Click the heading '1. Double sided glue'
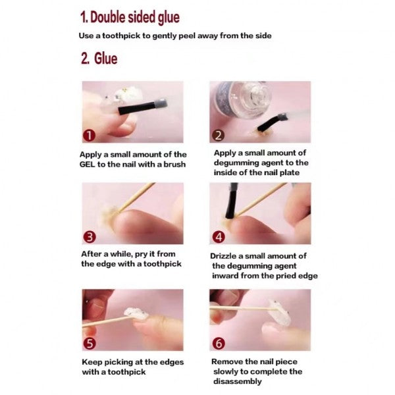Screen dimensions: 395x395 (130, 16)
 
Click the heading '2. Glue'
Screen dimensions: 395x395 (99, 59)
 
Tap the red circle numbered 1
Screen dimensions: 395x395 (90, 136)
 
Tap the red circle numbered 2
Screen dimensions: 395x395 (219, 136)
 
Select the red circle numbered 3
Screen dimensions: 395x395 (90, 236)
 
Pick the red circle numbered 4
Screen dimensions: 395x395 (219, 236)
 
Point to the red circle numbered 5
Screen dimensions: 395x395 (90, 343)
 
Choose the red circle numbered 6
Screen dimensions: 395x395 (219, 343)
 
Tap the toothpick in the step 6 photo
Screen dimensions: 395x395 (244, 307)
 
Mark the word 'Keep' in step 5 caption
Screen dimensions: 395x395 (92, 361)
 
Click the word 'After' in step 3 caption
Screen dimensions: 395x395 (92, 254)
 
